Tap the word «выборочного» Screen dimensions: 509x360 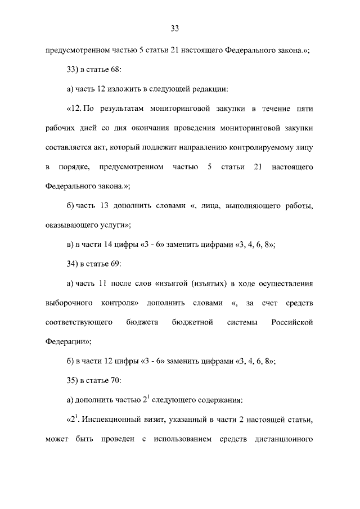pyautogui.click(x=69, y=303)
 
